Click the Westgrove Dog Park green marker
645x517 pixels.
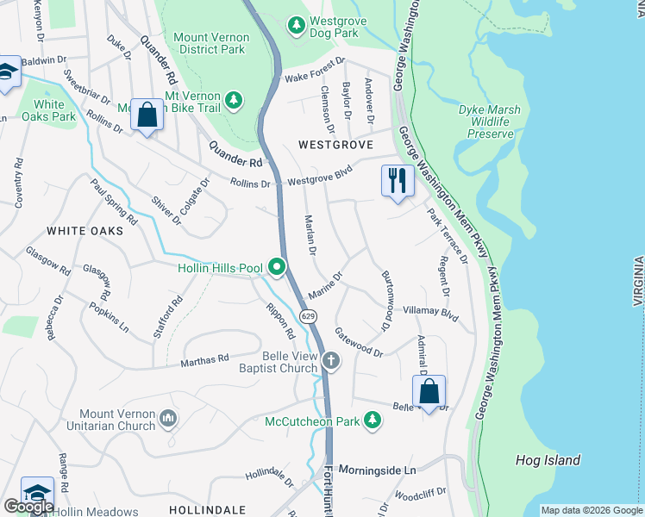[297, 23]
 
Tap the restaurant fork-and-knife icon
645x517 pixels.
[397, 180]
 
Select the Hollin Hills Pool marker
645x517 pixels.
[277, 268]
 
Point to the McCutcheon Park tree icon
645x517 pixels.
[372, 420]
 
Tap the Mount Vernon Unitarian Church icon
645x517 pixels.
[168, 420]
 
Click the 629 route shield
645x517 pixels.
[309, 316]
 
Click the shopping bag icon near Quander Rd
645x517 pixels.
[147, 115]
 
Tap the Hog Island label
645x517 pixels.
[548, 460]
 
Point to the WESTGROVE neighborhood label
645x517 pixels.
[335, 145]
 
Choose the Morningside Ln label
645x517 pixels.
[377, 470]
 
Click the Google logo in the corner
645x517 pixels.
[28, 507]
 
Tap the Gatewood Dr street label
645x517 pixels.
[359, 346]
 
